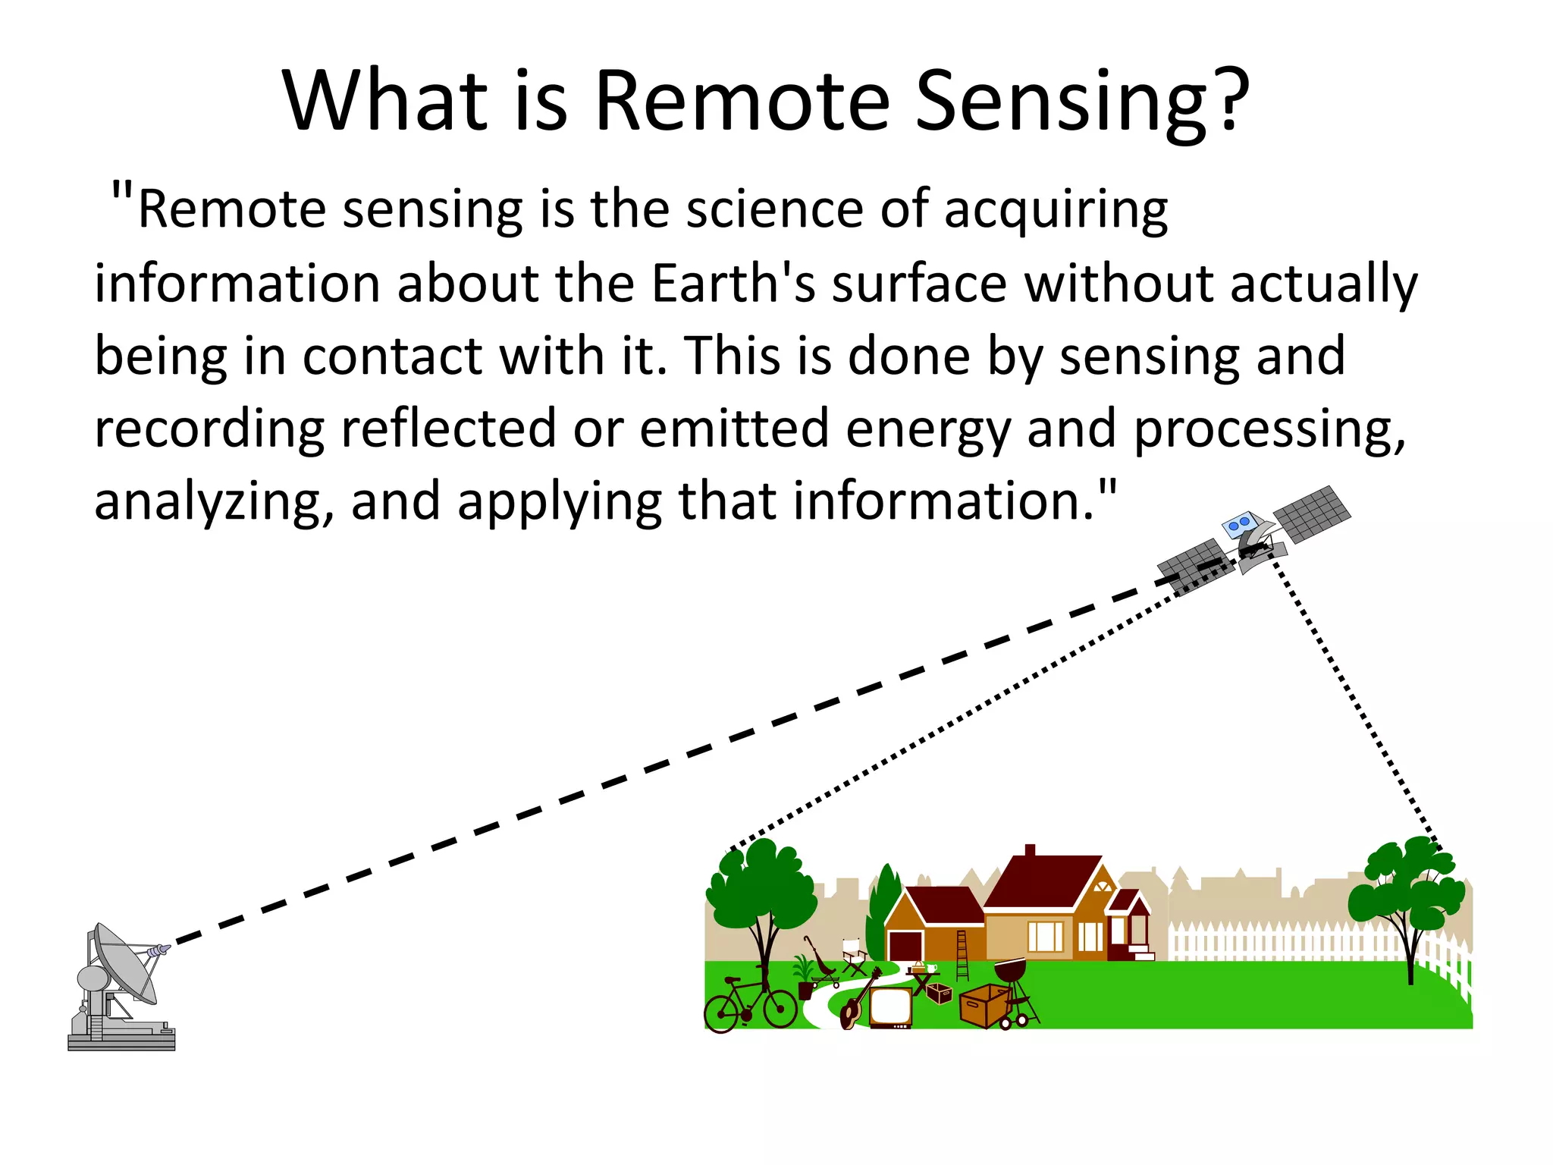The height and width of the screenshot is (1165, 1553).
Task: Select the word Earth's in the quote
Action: tap(733, 284)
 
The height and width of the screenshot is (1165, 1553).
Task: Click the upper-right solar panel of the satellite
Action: tap(1312, 513)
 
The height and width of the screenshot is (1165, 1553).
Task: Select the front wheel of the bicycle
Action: tap(780, 1007)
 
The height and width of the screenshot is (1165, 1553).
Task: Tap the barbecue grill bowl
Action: tap(1010, 970)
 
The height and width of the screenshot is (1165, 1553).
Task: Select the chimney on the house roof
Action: tap(1030, 850)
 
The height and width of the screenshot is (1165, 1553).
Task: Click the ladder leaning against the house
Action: tap(962, 956)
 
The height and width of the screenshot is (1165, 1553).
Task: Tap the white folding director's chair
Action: tap(855, 957)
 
